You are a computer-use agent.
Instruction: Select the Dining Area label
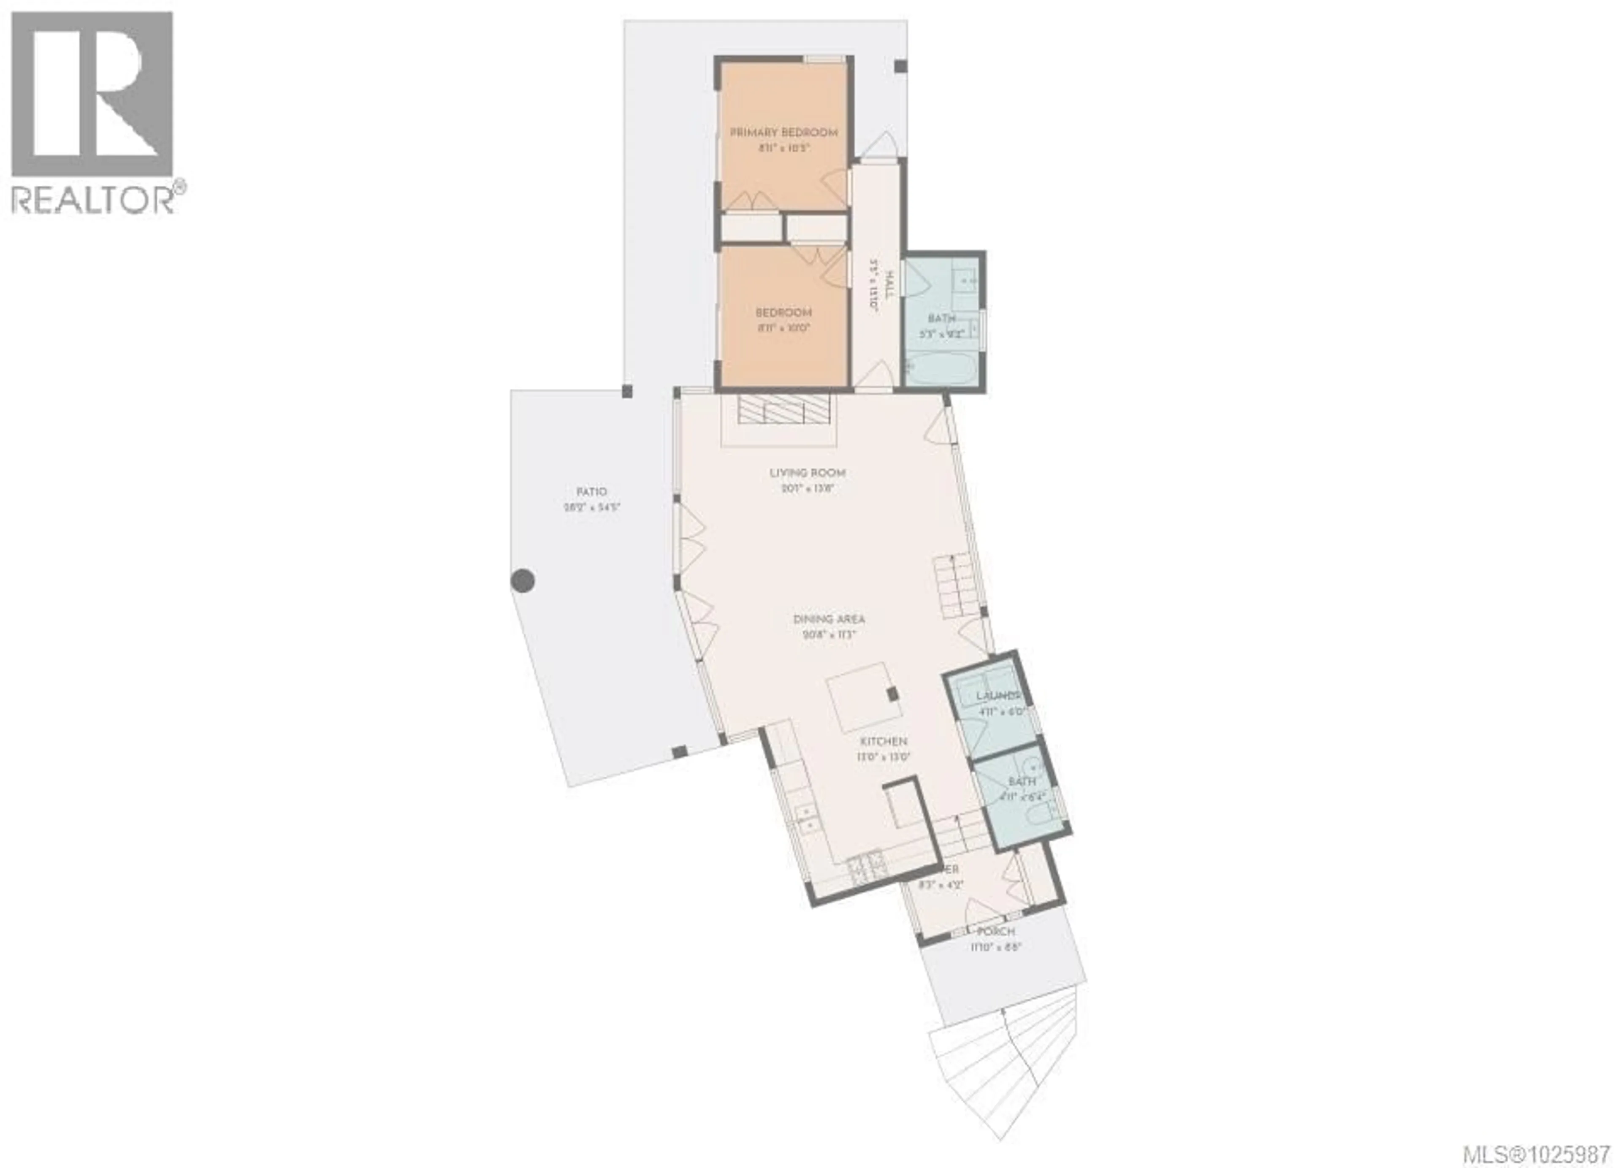pos(829,619)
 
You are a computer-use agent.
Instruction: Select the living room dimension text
pos(808,489)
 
